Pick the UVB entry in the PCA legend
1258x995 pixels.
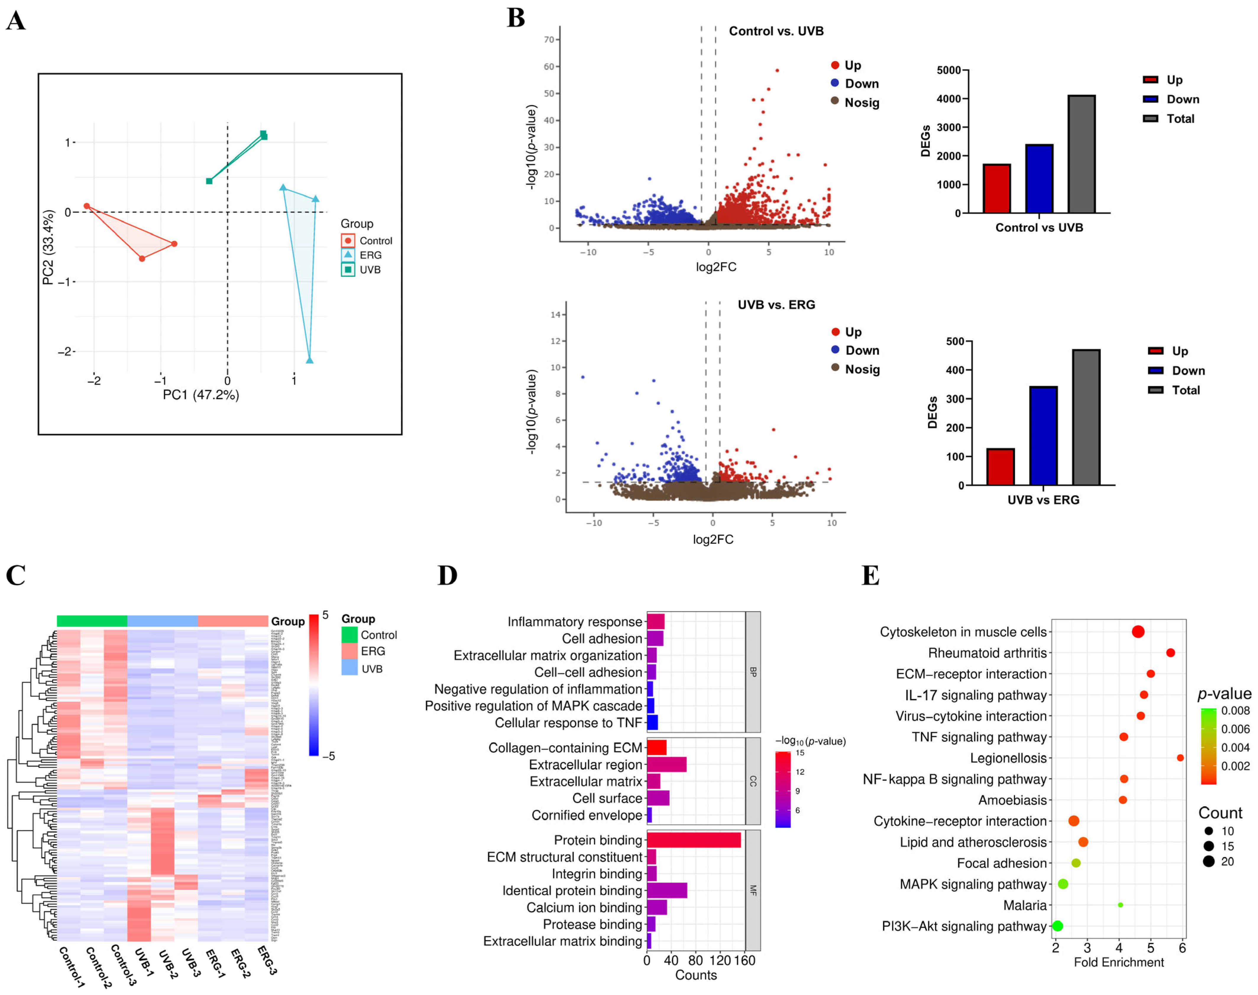(369, 270)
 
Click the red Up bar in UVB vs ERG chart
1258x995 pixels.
(1000, 467)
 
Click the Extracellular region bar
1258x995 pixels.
(666, 764)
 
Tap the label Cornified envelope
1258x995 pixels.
(587, 815)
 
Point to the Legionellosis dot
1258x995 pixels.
(1180, 758)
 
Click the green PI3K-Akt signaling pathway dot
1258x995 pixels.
(1058, 926)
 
